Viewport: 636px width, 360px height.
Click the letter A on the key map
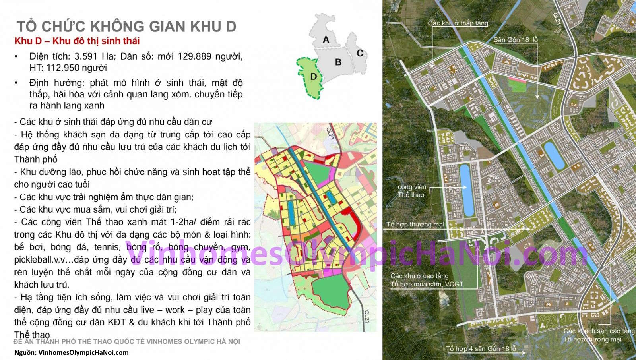click(x=326, y=40)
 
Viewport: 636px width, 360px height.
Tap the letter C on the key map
click(x=360, y=53)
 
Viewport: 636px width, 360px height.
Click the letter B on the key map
click(x=338, y=62)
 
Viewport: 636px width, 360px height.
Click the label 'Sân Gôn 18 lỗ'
click(x=516, y=40)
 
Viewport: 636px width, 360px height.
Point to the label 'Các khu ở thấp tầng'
click(x=458, y=23)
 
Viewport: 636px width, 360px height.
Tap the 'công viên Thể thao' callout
click(x=412, y=191)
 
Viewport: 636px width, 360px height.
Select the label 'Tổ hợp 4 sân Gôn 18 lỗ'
click(x=481, y=349)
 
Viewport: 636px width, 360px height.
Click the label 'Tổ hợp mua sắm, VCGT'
click(x=427, y=284)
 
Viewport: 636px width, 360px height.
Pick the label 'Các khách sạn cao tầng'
click(x=599, y=331)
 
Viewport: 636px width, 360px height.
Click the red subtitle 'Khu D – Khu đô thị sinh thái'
click(x=77, y=41)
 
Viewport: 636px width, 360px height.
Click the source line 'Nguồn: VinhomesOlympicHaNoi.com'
click(x=72, y=352)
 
